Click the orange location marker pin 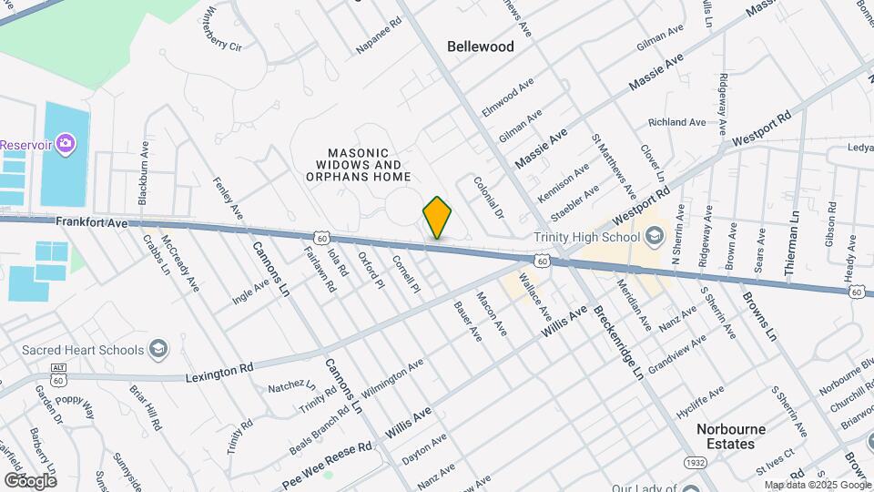point(437,217)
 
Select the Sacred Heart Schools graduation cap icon point(158,350)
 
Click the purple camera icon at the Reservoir point(64,144)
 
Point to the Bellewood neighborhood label point(481,46)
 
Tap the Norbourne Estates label point(731,436)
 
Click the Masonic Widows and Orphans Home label point(358,165)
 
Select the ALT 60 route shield point(58,372)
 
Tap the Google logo point(30,480)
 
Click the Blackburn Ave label point(143,172)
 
